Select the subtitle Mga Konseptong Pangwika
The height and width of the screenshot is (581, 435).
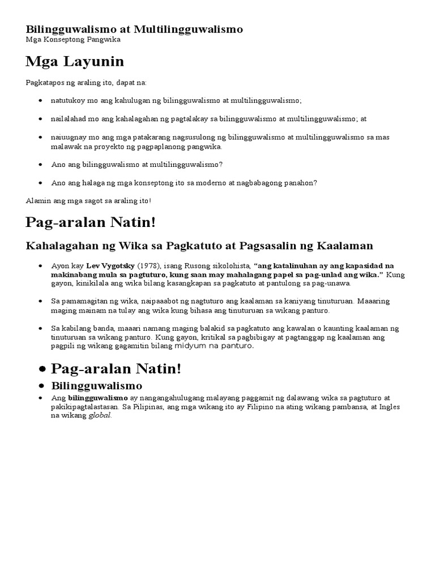click(73, 40)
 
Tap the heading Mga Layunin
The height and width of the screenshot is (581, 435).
click(75, 61)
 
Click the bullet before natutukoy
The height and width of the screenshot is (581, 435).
click(40, 100)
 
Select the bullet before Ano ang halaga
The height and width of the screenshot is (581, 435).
click(40, 183)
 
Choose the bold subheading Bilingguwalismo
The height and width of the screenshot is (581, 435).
click(96, 386)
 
